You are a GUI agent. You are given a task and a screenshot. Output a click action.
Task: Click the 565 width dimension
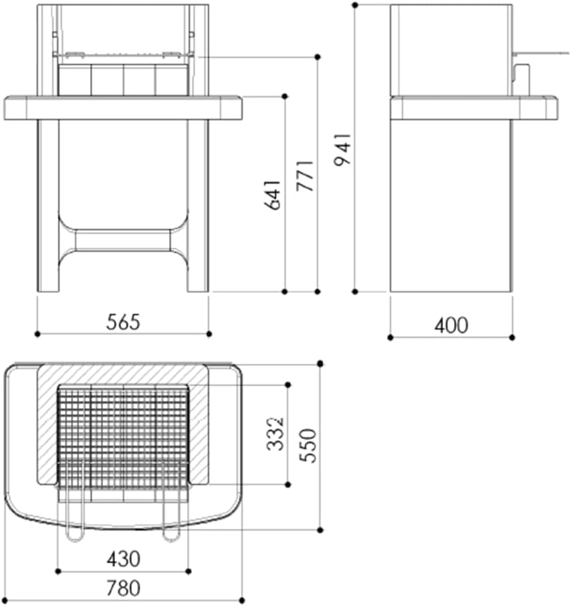pos(123,322)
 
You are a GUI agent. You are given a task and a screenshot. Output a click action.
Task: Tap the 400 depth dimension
pos(451,325)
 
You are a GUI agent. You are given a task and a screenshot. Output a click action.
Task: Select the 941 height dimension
pos(343,149)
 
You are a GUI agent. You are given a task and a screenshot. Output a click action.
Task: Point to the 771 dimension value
pos(305,175)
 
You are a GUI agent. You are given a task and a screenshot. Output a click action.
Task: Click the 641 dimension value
pos(272,195)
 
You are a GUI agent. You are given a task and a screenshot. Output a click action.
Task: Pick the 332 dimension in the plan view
pos(276,433)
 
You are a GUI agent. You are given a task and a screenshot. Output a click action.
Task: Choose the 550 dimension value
pos(308,445)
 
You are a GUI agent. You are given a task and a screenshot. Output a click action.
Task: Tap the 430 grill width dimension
pos(123,559)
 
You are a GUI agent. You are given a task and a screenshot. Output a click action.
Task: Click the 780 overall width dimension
pos(123,589)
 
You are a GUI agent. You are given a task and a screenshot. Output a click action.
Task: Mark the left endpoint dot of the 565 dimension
pos(37,334)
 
